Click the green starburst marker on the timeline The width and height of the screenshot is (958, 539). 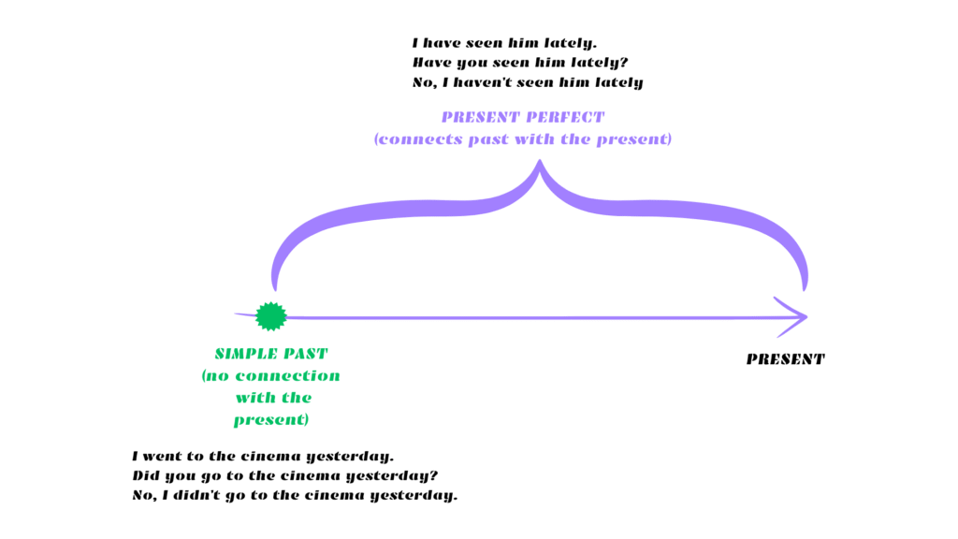click(x=270, y=316)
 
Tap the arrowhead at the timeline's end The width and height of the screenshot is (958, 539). click(x=794, y=316)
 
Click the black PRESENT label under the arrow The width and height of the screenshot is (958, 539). click(x=785, y=359)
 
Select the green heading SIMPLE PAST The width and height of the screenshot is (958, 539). click(x=271, y=354)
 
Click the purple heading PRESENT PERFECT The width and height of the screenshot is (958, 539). click(x=523, y=118)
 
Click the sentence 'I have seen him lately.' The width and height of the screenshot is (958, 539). click(x=505, y=43)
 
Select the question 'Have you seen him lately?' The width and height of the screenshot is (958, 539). click(x=518, y=63)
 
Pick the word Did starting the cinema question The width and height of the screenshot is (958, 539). click(x=147, y=475)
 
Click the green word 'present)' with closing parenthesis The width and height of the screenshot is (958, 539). click(x=271, y=420)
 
